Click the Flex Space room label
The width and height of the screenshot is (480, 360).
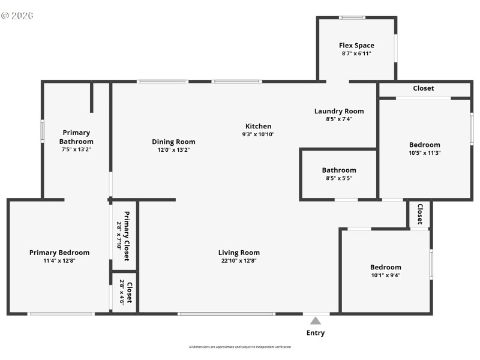click(x=356, y=45)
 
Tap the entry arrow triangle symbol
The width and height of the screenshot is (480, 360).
click(x=316, y=321)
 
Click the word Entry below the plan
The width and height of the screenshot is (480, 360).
click(x=316, y=333)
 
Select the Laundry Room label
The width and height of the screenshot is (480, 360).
click(x=339, y=111)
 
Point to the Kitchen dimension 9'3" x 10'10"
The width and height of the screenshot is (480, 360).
click(x=258, y=134)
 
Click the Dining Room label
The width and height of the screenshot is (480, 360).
click(x=173, y=142)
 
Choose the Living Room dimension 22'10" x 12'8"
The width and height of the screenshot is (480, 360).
click(x=239, y=261)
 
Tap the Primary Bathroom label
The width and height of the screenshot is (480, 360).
click(x=76, y=137)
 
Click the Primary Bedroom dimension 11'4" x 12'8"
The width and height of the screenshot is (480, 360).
click(x=59, y=261)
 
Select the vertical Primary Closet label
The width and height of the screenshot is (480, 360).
click(x=127, y=236)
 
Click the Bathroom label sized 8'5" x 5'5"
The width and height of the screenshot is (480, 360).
click(x=339, y=170)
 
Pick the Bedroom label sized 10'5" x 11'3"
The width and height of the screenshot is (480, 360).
click(x=424, y=145)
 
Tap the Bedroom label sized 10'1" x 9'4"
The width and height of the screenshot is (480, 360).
click(x=385, y=267)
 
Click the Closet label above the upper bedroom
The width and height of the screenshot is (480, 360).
click(x=423, y=88)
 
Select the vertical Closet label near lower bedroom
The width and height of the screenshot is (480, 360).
click(x=419, y=214)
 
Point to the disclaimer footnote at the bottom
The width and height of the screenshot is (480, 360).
click(x=240, y=347)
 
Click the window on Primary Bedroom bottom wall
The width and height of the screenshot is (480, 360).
click(x=61, y=313)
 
